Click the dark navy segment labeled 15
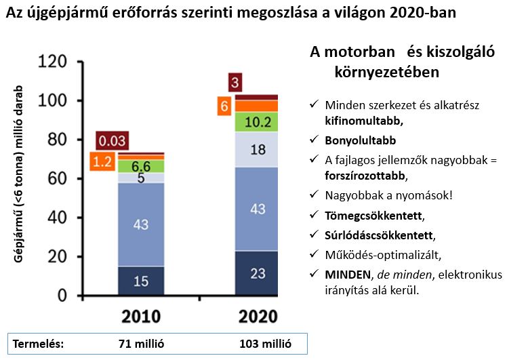(141, 280)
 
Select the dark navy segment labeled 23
(257, 273)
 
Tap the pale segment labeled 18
(257, 149)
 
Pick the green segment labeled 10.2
(257, 122)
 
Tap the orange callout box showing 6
(224, 106)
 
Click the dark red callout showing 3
(235, 83)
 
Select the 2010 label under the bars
(141, 317)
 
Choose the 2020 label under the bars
(257, 317)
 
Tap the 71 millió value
(142, 343)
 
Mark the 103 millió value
(265, 343)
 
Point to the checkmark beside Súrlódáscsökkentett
(314, 235)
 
